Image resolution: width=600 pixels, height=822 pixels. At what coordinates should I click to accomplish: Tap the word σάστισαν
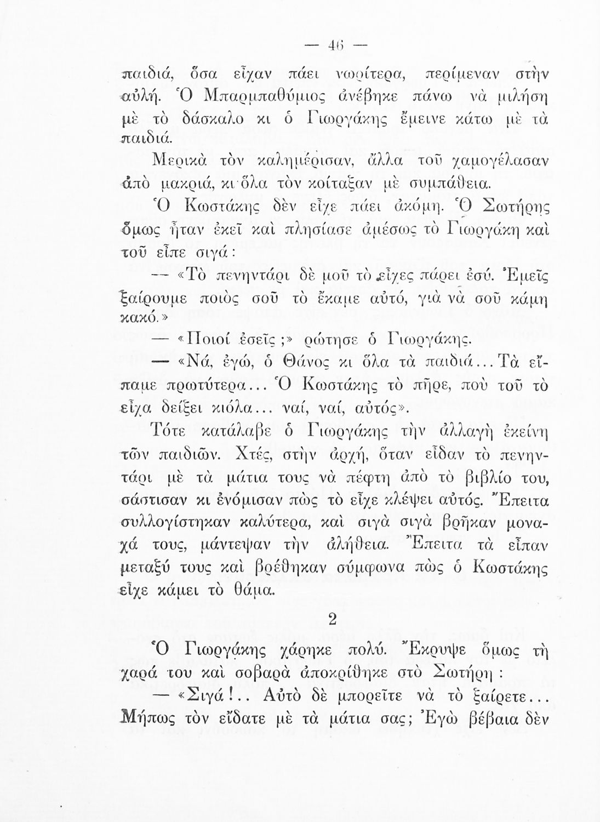pyautogui.click(x=155, y=501)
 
